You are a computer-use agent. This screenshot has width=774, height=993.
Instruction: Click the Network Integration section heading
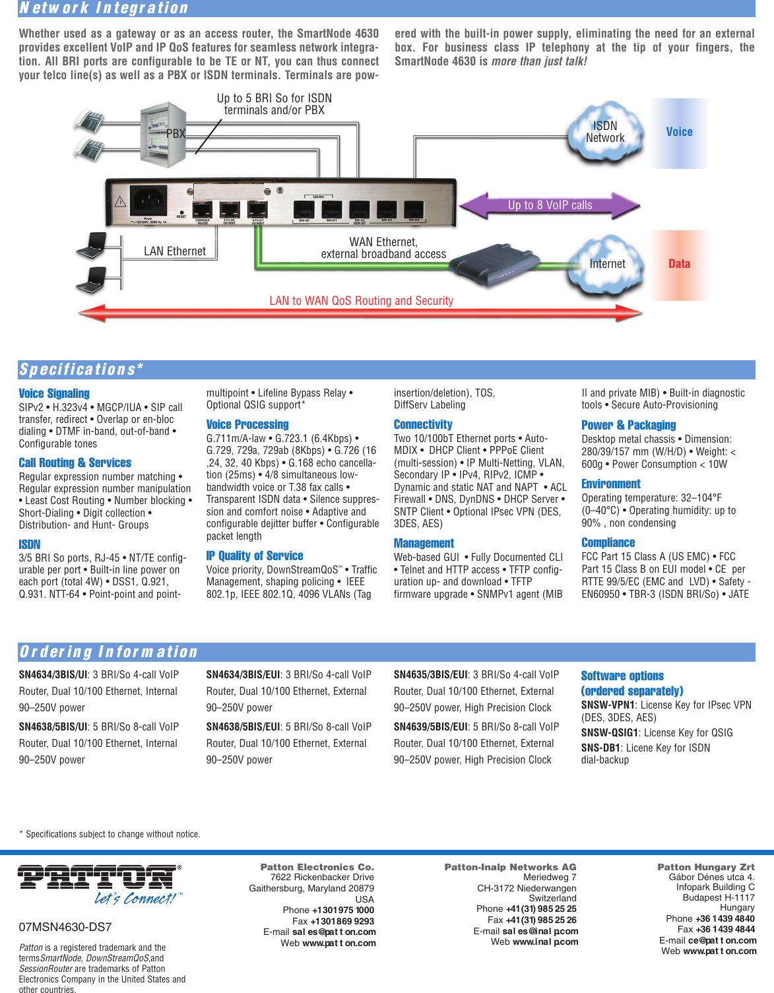104,8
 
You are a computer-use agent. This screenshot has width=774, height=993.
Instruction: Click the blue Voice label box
679,133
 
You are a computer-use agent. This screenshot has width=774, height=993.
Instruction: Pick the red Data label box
679,265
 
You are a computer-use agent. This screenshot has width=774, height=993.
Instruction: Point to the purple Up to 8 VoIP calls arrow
550,205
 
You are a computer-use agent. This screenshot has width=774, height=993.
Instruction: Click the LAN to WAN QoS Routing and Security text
361,301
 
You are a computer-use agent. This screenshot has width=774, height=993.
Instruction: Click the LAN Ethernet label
175,251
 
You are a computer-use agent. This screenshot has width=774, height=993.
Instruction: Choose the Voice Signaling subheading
54,393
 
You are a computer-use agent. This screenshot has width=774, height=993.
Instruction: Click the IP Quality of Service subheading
255,556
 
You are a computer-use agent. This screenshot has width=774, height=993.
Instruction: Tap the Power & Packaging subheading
628,426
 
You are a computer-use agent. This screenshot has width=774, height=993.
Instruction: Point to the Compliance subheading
608,543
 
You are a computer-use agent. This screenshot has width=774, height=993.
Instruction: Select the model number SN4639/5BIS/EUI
432,727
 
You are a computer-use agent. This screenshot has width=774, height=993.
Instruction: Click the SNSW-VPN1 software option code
608,705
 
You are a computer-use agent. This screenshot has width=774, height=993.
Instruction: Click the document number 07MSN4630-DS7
65,927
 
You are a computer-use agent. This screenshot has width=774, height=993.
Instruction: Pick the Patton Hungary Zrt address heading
705,867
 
